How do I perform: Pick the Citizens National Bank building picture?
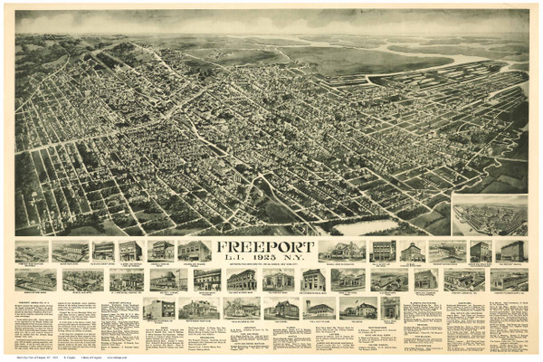[x=313, y=280]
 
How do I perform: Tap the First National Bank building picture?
[x=242, y=280]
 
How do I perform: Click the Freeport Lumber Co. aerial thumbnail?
[x=32, y=280]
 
